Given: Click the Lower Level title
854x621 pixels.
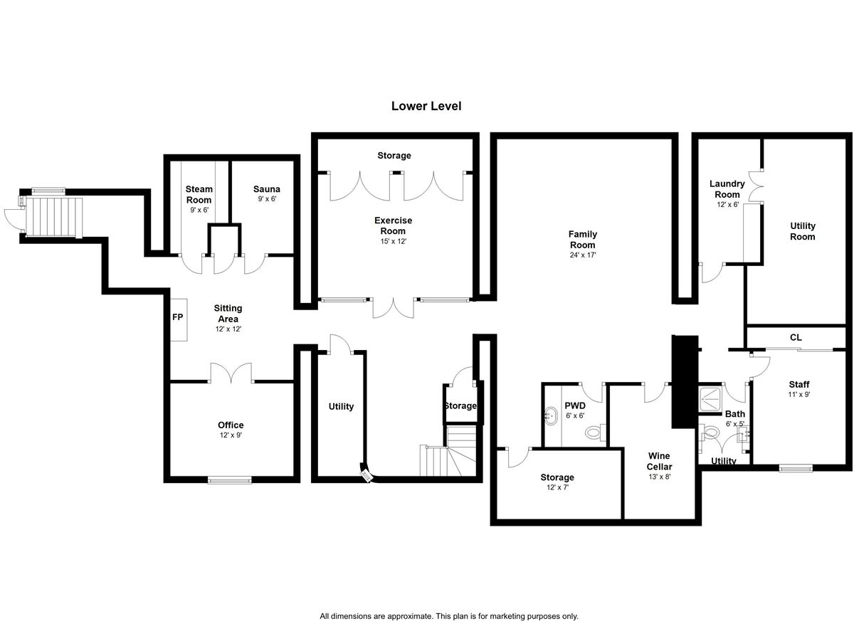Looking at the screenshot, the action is (x=426, y=106).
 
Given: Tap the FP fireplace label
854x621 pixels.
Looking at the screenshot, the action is (x=178, y=317).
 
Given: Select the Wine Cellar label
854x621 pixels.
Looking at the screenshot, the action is (x=659, y=461).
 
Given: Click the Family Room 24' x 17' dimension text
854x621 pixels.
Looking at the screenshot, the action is (x=583, y=255).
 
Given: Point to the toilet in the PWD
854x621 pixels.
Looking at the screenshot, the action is (x=596, y=432).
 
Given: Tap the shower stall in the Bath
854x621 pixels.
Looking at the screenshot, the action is (x=710, y=399).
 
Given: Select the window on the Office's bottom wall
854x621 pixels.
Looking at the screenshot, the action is (x=229, y=480).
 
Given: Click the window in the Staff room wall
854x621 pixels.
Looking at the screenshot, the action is (x=796, y=468).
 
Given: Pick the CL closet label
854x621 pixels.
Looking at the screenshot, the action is (x=796, y=337).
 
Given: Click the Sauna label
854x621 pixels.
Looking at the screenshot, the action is (x=266, y=189).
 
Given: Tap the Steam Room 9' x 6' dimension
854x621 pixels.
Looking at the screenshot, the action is (x=199, y=210).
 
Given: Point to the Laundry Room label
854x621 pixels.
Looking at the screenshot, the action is (x=727, y=189).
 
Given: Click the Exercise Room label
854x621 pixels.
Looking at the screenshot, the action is (x=393, y=225).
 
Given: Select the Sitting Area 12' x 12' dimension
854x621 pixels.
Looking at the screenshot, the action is (x=228, y=329).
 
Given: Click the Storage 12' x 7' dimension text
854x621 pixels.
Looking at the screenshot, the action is (x=557, y=487).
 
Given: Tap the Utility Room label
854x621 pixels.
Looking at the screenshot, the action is (x=803, y=231).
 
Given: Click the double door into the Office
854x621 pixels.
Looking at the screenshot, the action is (x=231, y=373).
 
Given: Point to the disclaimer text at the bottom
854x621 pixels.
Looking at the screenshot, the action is (x=449, y=605).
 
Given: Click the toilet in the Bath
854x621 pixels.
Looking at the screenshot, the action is (x=710, y=432).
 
